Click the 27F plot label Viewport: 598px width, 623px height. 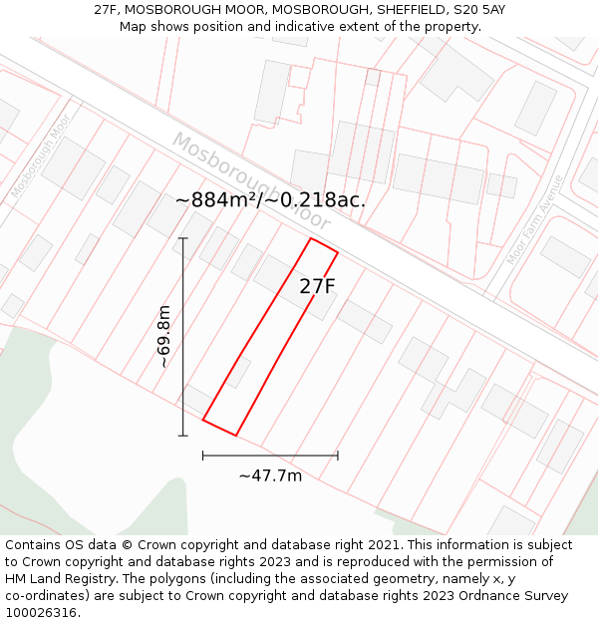(x=317, y=286)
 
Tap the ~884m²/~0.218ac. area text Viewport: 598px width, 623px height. (x=270, y=199)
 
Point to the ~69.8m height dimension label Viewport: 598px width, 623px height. (x=165, y=337)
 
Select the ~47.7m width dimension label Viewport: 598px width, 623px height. (x=270, y=475)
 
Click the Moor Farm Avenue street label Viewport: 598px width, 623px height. (x=535, y=220)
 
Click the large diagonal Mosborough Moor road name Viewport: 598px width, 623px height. (x=249, y=179)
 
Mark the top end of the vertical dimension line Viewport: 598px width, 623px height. (x=183, y=238)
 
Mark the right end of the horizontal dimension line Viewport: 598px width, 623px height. (x=338, y=456)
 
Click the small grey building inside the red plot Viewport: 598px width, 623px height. (x=238, y=371)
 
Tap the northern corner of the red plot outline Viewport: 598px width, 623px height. (x=312, y=238)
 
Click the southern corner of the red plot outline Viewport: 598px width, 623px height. (x=235, y=435)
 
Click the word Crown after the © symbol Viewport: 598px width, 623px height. (x=160, y=545)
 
